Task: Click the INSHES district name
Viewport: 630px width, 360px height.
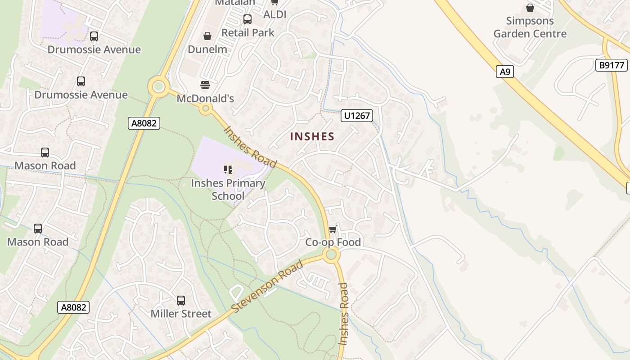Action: point(312,136)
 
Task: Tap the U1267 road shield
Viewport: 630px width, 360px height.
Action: point(357,116)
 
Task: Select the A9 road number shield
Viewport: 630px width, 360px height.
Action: point(505,71)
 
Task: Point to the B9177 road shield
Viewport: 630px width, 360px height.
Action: point(612,65)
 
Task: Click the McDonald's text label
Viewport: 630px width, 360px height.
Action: point(205,98)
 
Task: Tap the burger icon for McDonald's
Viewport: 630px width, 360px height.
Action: point(205,85)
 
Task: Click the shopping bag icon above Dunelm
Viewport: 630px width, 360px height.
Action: point(207,36)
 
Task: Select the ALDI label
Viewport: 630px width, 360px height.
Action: point(274,14)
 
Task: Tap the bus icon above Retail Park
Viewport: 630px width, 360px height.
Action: point(247,19)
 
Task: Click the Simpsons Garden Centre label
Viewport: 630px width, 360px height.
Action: point(530,27)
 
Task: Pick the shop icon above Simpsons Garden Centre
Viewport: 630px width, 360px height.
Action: point(530,8)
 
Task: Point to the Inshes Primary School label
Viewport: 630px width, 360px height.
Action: point(228,189)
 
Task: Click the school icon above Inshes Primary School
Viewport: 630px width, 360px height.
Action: point(228,170)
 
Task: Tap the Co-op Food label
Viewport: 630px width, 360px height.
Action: point(333,242)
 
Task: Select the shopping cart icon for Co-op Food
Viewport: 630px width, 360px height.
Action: point(333,229)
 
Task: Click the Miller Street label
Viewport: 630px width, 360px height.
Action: point(181,314)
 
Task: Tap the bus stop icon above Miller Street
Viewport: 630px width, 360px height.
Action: point(181,300)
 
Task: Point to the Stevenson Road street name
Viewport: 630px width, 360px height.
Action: point(267,287)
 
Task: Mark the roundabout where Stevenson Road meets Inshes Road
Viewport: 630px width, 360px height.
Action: point(331,255)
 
